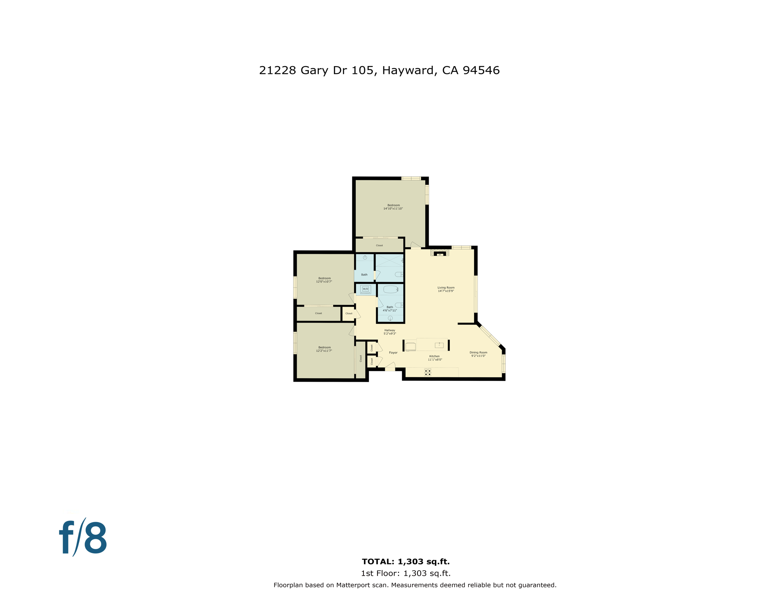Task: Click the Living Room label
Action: pyautogui.click(x=446, y=288)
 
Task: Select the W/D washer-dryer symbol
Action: pyautogui.click(x=365, y=289)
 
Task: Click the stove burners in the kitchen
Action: pyautogui.click(x=428, y=372)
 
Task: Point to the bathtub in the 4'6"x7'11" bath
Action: pyautogui.click(x=391, y=289)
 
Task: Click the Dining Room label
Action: pyautogui.click(x=478, y=353)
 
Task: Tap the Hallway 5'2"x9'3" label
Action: pyautogui.click(x=390, y=332)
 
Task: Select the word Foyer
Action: pyautogui.click(x=393, y=353)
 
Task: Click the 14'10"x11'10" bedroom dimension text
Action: pyautogui.click(x=393, y=209)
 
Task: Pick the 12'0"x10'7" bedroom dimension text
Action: pyautogui.click(x=324, y=282)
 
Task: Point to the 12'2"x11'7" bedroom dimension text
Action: pyautogui.click(x=324, y=351)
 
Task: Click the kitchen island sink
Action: pyautogui.click(x=439, y=345)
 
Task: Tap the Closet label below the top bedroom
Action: pyautogui.click(x=379, y=246)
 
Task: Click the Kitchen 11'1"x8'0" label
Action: pyautogui.click(x=435, y=358)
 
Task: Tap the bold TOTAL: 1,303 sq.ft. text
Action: pyautogui.click(x=405, y=562)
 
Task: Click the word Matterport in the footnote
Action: pyautogui.click(x=353, y=585)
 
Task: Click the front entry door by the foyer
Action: pyautogui.click(x=390, y=367)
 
